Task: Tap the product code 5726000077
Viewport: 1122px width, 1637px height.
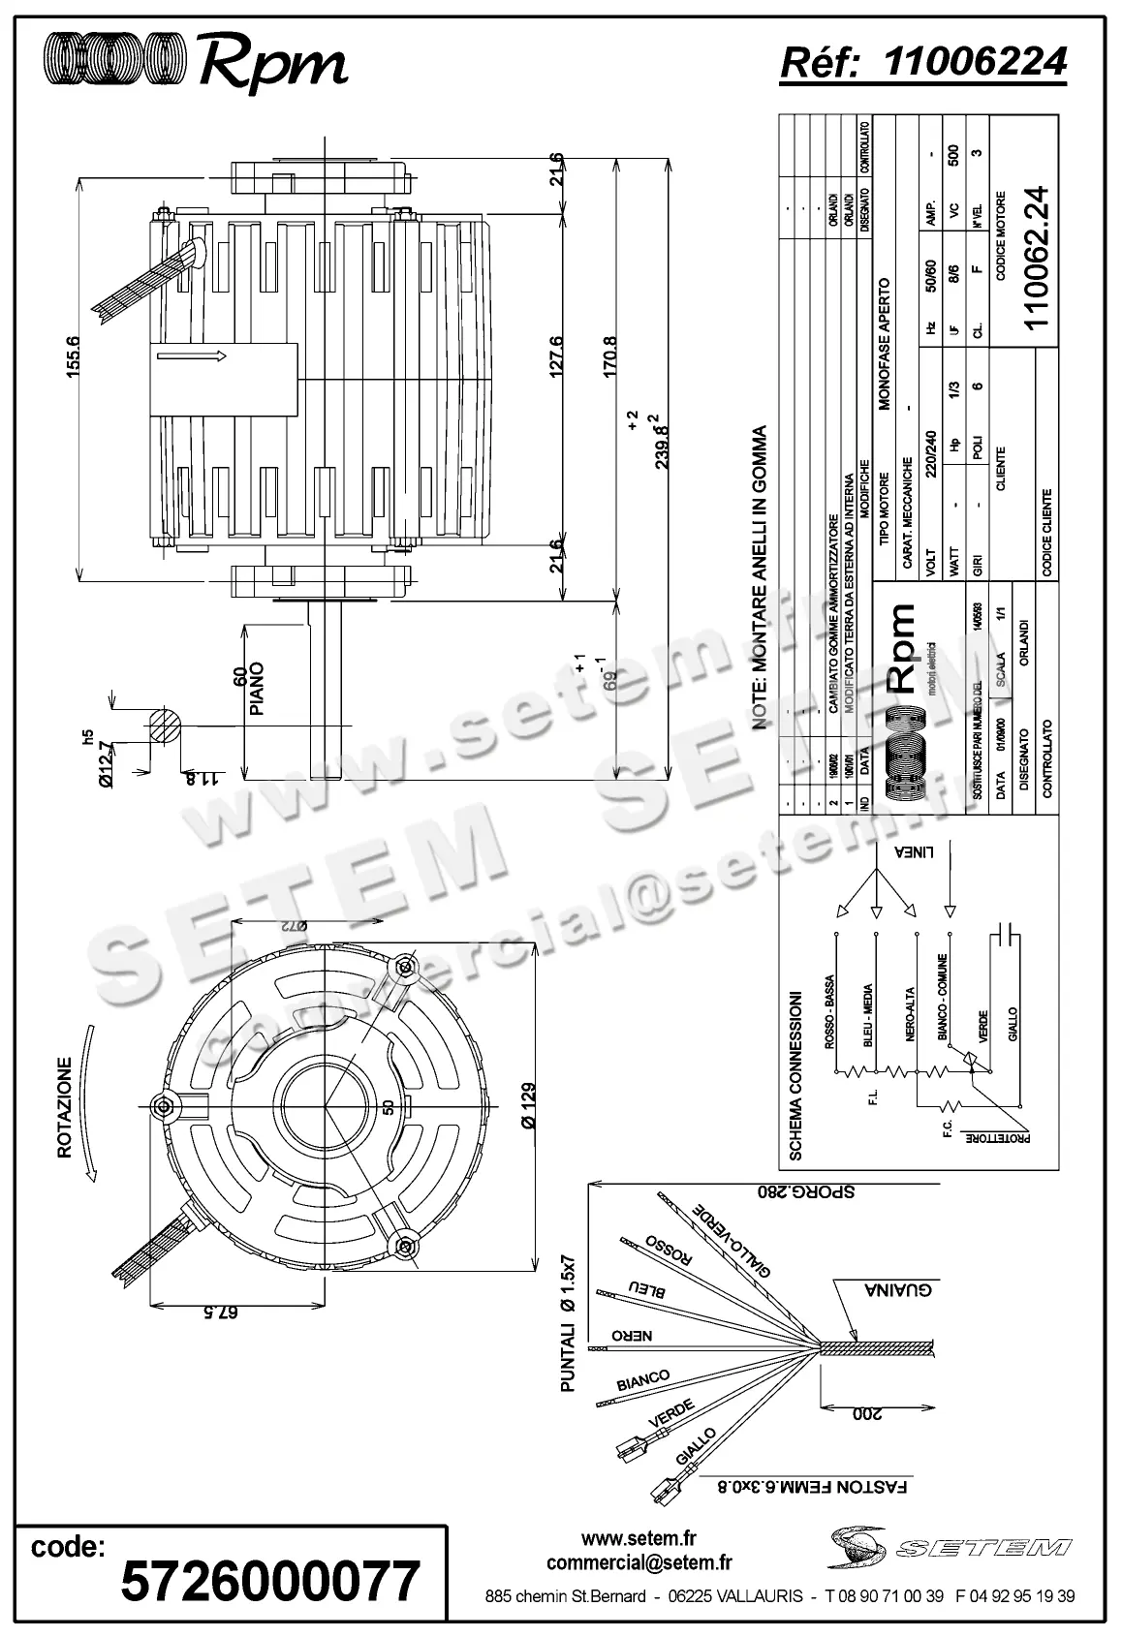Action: tap(270, 1581)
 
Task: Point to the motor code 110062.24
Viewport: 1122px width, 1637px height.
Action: tap(1037, 256)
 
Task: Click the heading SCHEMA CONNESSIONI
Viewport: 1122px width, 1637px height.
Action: tap(795, 1075)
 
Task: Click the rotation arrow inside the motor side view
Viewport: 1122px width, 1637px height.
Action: tap(192, 356)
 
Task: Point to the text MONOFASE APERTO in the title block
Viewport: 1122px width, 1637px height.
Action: tap(884, 345)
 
